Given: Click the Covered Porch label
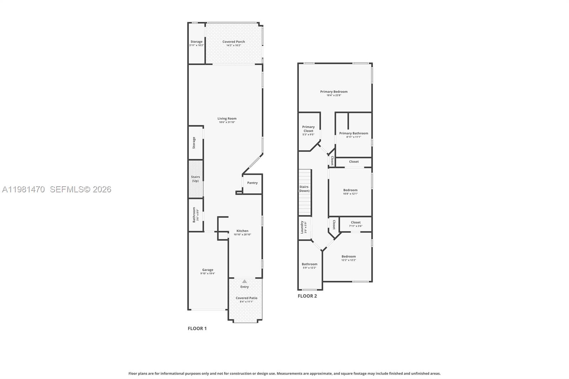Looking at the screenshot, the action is pos(233,42).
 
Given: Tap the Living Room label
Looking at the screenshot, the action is pos(227,118).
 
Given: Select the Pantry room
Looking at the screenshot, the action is pos(252,184).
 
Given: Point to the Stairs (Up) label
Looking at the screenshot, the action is pos(195,179).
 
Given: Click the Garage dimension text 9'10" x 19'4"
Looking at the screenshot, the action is pos(208,273).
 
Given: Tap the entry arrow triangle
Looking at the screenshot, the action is pos(244,281).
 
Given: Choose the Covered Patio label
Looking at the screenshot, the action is pos(246,298).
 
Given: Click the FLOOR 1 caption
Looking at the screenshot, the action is pos(197,329).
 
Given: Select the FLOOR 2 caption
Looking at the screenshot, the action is pos(307,296).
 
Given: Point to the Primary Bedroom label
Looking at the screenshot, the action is pos(334,91).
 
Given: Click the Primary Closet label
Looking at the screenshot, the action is pos(308,129).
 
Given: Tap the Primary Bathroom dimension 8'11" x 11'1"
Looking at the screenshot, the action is pos(353,137).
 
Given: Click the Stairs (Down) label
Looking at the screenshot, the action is pos(304,189).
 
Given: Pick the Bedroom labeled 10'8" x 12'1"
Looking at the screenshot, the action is pos(350,192).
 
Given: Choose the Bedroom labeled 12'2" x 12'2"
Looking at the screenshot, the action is pos(349,258).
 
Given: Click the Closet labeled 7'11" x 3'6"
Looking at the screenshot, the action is pos(356,224).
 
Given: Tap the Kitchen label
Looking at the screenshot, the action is pos(242,231).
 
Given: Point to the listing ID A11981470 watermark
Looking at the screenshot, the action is pos(23,189).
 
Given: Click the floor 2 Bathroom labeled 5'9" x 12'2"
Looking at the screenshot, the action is pos(310,266).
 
